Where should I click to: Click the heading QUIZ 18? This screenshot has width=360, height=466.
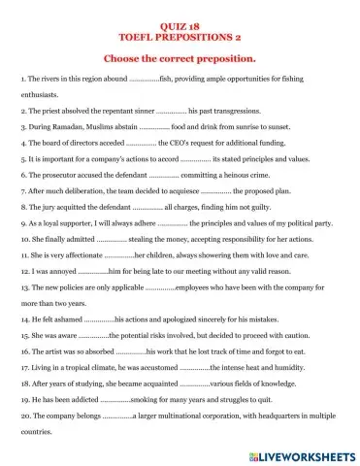tap(180, 18)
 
